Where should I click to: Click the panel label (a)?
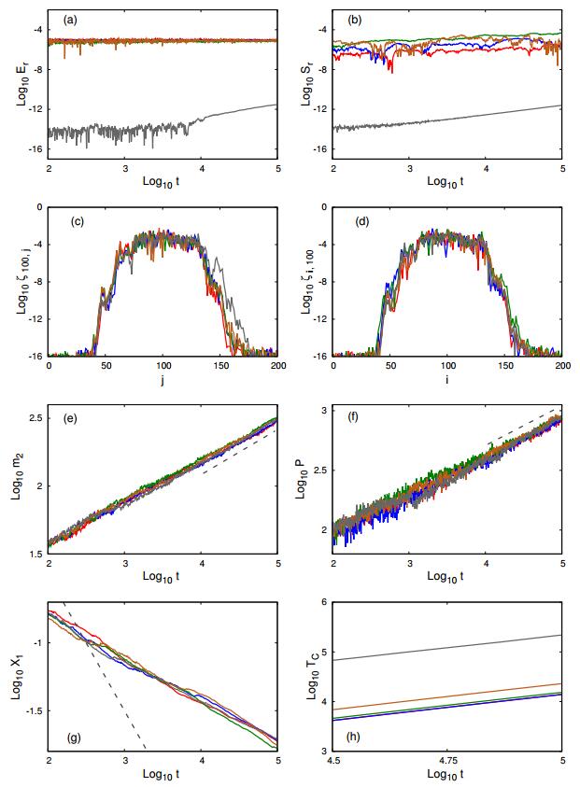point(70,20)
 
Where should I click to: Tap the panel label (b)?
point(355,20)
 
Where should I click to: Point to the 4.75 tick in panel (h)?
point(448,760)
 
